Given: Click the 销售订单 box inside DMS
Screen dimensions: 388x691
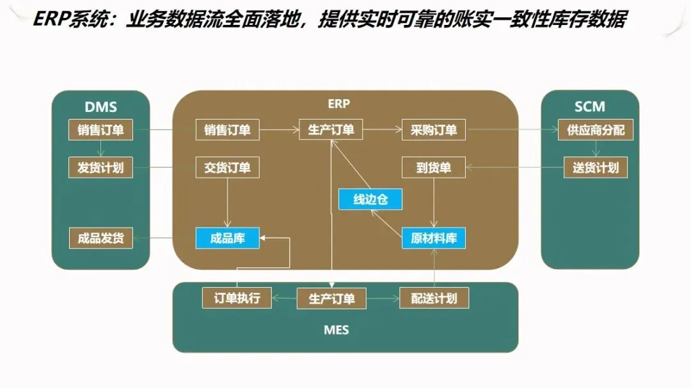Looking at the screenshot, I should click(100, 130).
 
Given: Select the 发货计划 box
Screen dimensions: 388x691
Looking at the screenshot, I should click(100, 168).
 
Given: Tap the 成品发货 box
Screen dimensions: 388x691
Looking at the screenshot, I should click(100, 238).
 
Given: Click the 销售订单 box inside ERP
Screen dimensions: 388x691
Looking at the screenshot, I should click(227, 130).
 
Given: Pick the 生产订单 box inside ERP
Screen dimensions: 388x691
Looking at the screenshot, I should click(331, 130).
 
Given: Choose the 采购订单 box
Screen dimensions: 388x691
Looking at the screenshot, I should click(433, 130).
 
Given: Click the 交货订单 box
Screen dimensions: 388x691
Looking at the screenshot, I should click(227, 168).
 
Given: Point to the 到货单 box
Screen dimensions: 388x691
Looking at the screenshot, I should click(433, 168).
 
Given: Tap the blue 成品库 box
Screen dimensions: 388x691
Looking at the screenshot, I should click(227, 238).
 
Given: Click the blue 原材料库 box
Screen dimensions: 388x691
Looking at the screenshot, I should click(433, 238).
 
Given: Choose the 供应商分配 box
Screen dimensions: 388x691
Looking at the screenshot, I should click(595, 130).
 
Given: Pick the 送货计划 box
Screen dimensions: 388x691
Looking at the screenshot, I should click(595, 168).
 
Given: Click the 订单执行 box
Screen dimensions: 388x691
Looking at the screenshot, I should click(236, 298).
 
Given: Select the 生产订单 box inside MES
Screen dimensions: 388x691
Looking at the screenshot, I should click(331, 299).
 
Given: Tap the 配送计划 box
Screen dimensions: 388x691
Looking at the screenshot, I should click(433, 298).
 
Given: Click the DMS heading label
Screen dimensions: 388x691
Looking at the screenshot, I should click(100, 107).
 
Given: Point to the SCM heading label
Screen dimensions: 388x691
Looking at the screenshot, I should click(589, 107).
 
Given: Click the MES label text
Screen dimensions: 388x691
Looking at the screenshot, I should click(337, 330).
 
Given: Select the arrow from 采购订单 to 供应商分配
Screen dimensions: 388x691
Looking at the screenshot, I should click(512, 130).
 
